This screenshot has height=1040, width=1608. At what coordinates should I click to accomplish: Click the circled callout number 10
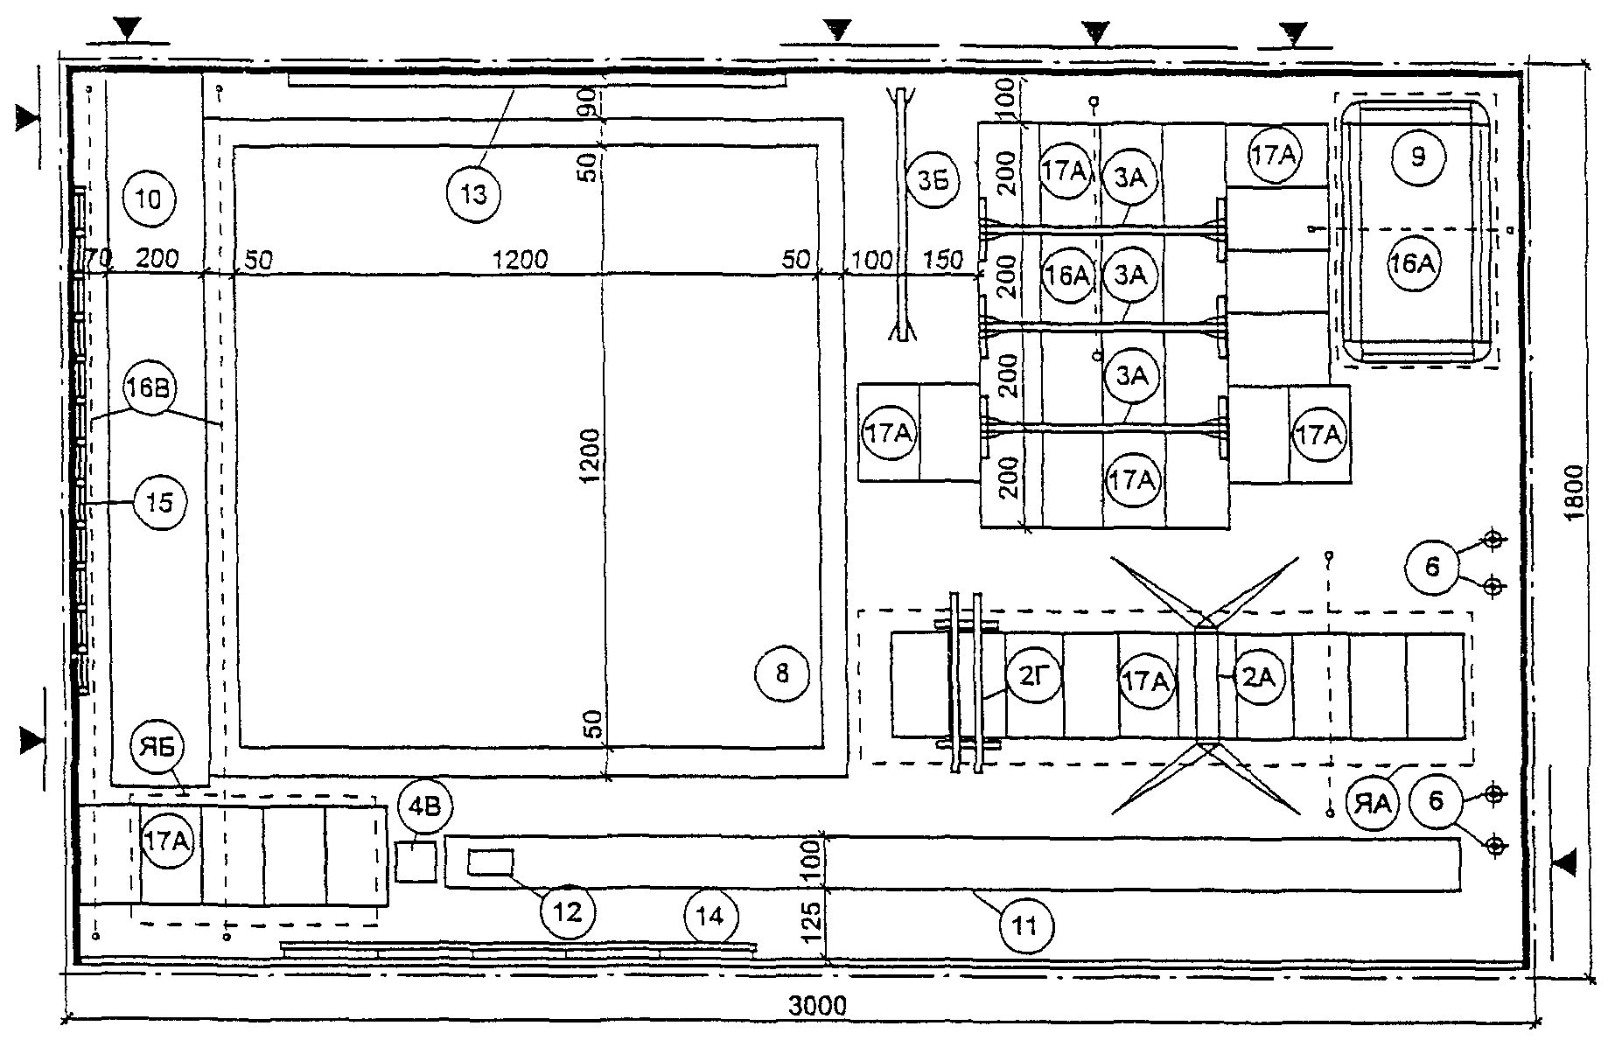(150, 200)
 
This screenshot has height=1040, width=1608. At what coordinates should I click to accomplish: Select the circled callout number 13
(473, 194)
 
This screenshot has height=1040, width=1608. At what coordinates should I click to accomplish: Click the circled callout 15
(160, 502)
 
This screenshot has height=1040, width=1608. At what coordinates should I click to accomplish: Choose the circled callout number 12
(568, 912)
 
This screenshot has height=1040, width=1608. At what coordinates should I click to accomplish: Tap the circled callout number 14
(710, 917)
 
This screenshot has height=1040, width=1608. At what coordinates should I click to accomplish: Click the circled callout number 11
(1024, 925)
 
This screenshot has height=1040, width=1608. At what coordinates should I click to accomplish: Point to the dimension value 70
(99, 258)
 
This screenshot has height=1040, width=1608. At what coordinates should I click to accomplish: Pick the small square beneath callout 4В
(416, 862)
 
